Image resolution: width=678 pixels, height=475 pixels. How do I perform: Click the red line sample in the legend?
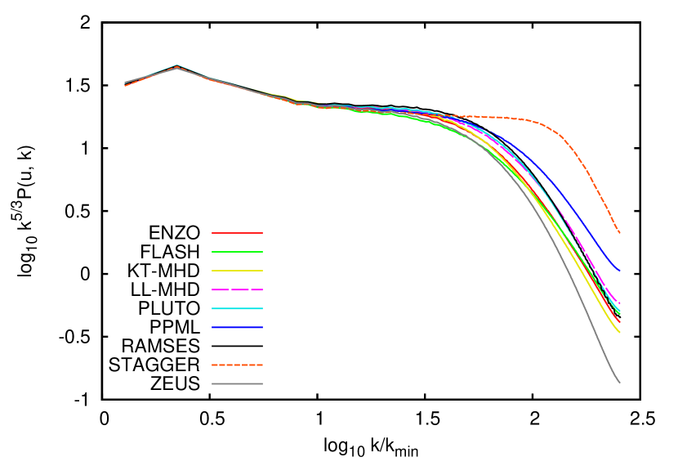click(x=237, y=233)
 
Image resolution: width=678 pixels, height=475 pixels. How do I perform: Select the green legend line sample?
click(x=237, y=252)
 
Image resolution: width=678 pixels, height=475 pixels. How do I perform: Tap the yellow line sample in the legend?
click(x=237, y=271)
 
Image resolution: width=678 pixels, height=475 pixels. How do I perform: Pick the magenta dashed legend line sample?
click(x=237, y=289)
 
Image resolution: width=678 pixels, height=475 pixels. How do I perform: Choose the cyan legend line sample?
click(x=237, y=308)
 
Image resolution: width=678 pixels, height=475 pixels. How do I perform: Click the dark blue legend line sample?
click(x=237, y=327)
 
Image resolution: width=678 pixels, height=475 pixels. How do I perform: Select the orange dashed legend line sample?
click(x=237, y=365)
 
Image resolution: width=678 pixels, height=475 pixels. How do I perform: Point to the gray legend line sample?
click(x=237, y=383)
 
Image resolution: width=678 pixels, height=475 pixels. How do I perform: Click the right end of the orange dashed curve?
click(x=619, y=232)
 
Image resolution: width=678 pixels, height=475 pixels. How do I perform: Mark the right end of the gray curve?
click(x=619, y=382)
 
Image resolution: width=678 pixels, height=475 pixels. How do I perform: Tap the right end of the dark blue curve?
click(x=619, y=271)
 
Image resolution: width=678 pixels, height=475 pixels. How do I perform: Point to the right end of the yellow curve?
click(x=619, y=332)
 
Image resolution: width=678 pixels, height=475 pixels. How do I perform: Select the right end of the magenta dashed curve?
click(x=619, y=303)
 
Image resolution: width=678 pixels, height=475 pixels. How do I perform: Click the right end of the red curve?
click(x=619, y=322)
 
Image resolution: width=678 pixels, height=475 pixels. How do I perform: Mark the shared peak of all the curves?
click(x=176, y=66)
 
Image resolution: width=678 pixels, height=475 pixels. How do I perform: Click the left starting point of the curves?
click(x=125, y=83)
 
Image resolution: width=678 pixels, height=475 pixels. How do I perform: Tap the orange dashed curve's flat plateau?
click(x=498, y=118)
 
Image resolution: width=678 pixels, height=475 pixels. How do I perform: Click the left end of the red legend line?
click(x=213, y=233)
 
